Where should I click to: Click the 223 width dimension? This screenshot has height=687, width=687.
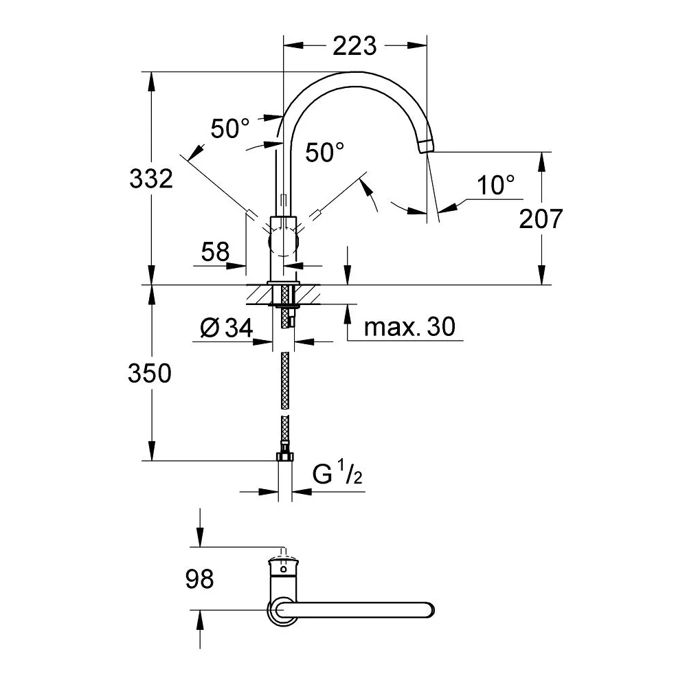tap(354, 45)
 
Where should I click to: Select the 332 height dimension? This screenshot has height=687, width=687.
tap(151, 179)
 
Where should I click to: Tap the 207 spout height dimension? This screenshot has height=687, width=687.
tap(541, 218)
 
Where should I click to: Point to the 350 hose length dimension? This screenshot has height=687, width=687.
tap(149, 373)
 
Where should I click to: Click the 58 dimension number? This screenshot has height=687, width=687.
tap(215, 252)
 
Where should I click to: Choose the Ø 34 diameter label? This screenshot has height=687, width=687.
tap(227, 327)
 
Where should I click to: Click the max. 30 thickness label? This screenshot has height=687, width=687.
tap(409, 326)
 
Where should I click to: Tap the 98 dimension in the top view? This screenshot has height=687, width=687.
tap(199, 578)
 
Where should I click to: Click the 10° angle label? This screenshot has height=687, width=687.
tap(496, 185)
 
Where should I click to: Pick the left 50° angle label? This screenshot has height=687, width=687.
tap(230, 128)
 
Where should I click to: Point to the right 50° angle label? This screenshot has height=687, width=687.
tap(325, 152)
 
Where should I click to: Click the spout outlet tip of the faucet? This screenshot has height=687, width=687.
tap(427, 146)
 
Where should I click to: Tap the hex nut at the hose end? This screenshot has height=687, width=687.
tap(285, 456)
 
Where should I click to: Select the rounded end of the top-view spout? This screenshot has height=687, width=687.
tap(430, 610)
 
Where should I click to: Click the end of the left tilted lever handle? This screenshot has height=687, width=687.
tap(251, 214)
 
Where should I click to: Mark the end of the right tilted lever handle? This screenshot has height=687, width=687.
tap(316, 214)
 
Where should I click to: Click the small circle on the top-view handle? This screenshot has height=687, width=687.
tap(284, 569)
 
